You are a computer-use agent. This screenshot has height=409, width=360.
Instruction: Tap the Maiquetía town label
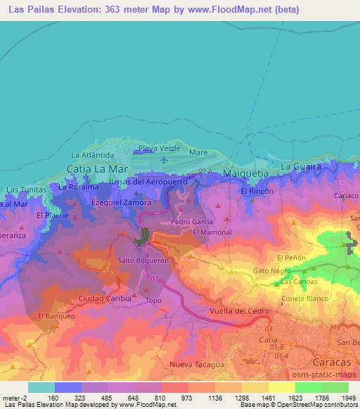(x=245, y=173)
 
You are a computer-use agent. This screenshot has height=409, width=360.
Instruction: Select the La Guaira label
(x=301, y=167)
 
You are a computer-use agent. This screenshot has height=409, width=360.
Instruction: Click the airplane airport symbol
(x=164, y=160)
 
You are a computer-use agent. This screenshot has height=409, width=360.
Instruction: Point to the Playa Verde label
(x=159, y=148)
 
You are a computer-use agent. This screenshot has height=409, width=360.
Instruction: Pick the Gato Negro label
(x=272, y=271)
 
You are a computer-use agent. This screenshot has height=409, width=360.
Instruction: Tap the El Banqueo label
(x=56, y=316)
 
